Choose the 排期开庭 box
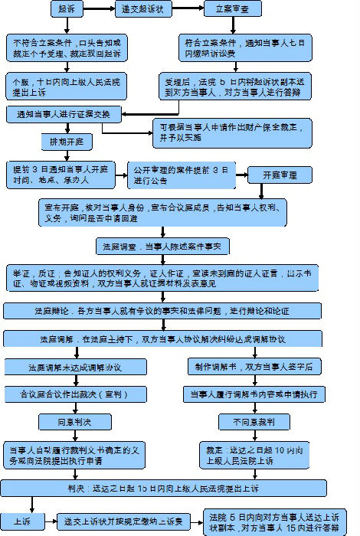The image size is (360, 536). point(65,142)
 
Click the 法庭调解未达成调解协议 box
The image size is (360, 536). point(75,368)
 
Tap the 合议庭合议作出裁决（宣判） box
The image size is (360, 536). point(75,394)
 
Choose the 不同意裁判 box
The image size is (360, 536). point(249,422)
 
